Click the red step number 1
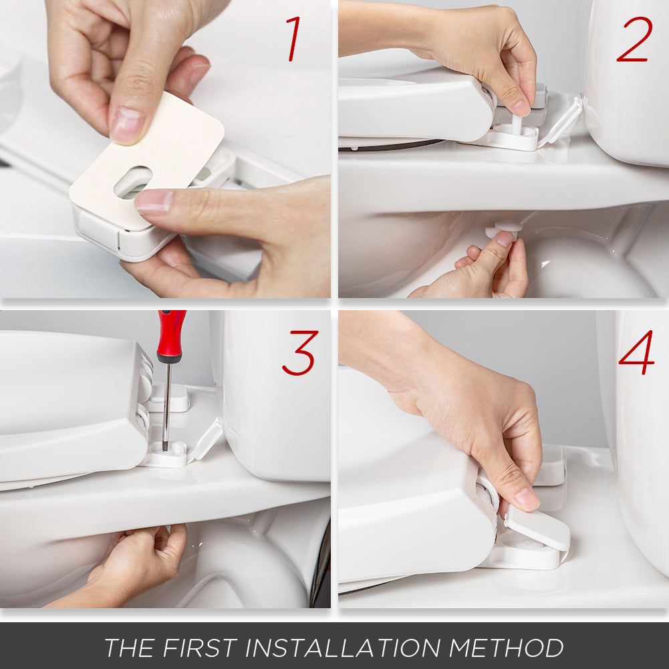293,39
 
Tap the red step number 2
634,39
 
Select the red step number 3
299,353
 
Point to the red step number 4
636,352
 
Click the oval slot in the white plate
132,182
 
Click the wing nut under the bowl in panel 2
503,229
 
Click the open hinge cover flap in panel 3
206,438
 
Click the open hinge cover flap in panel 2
561,121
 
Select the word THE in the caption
130,648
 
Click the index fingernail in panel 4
527,498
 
